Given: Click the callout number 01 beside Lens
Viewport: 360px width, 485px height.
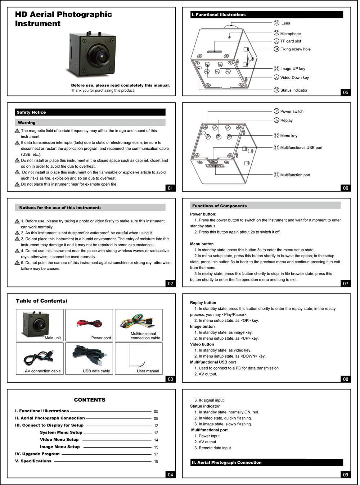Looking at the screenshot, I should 276,23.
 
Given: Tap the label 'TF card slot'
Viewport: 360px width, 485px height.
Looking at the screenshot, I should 291,41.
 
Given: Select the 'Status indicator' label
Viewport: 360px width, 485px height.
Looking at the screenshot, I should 294,90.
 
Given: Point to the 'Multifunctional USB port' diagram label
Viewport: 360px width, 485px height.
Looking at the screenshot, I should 301,148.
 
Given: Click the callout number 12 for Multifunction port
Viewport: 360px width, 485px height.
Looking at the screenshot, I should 276,175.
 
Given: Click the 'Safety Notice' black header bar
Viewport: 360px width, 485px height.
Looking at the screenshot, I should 90,112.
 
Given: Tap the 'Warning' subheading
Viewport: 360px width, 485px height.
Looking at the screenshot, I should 27,123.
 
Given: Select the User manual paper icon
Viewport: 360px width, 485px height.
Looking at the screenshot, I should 137,356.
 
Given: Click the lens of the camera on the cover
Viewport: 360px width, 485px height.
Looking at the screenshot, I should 101,55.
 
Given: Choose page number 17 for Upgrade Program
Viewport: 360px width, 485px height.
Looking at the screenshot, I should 156,454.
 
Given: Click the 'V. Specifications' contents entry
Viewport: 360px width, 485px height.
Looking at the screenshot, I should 33,461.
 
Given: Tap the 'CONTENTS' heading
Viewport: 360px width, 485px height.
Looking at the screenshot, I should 90,400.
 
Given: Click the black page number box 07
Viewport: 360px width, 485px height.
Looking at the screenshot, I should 346,284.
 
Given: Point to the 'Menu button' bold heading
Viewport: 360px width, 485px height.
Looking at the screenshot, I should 202,244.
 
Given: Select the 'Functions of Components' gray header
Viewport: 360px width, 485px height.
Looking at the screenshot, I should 265,206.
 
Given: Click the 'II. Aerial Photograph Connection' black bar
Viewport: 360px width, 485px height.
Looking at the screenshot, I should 266,462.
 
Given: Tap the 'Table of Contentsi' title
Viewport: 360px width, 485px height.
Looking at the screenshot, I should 41,301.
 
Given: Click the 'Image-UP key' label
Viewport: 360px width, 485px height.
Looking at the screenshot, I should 293,69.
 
